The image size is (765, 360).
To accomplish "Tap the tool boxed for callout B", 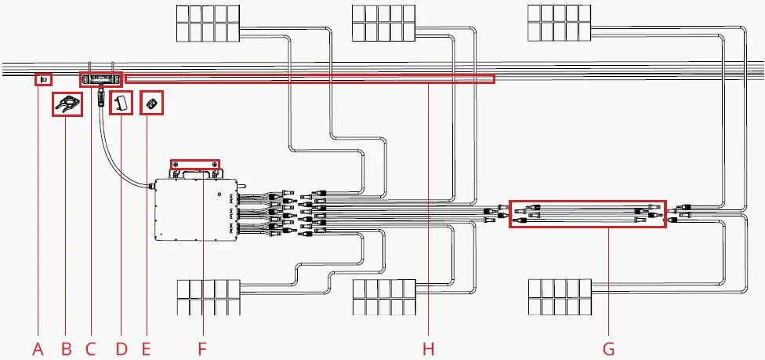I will [67, 104].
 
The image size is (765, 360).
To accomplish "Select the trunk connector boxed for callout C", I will [102, 79].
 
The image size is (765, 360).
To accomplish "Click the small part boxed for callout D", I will [121, 104].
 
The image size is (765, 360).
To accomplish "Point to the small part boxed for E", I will [152, 104].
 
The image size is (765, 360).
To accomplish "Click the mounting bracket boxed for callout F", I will [195, 164].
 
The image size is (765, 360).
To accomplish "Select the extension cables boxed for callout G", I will [588, 213].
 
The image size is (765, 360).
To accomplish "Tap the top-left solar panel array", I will [207, 23].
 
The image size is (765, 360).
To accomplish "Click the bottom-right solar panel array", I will [560, 298].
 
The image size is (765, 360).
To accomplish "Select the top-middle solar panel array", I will [383, 23].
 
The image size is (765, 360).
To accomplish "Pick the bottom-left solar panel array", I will [207, 298].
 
